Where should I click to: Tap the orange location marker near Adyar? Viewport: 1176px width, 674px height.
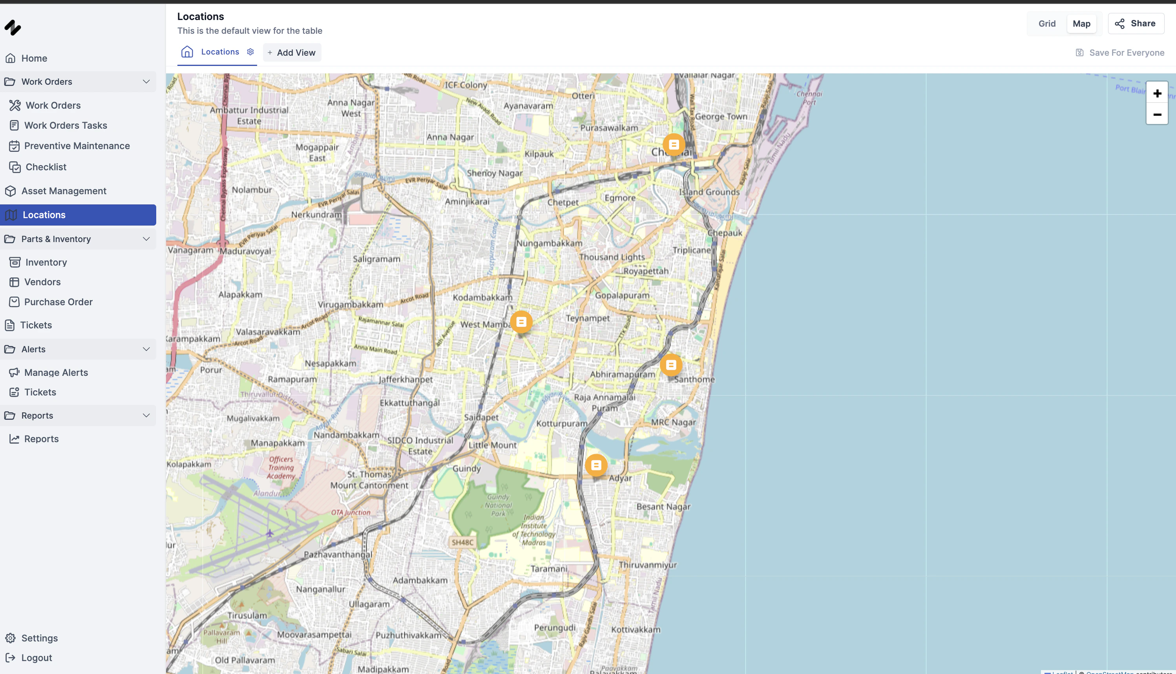pyautogui.click(x=596, y=465)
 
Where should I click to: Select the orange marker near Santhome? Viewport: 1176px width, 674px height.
pyautogui.click(x=671, y=365)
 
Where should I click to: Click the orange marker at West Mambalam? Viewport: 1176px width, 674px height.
pyautogui.click(x=521, y=322)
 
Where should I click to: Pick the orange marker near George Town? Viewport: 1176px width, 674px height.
pyautogui.click(x=674, y=144)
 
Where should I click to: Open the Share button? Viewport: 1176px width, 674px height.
pyautogui.click(x=1135, y=24)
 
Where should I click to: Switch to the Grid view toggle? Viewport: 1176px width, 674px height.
pyautogui.click(x=1046, y=24)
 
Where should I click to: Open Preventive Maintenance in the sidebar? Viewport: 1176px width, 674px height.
pyautogui.click(x=77, y=146)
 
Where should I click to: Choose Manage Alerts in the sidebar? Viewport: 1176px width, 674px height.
pyautogui.click(x=56, y=373)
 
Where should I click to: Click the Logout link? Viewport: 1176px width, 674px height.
pyautogui.click(x=36, y=658)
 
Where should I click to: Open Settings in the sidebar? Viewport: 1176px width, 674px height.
pyautogui.click(x=39, y=638)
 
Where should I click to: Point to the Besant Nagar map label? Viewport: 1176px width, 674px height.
pyautogui.click(x=663, y=506)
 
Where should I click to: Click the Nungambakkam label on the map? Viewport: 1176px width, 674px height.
pyautogui.click(x=549, y=243)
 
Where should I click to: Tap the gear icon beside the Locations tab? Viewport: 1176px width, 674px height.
pyautogui.click(x=250, y=52)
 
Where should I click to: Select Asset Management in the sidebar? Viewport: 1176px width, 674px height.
pyautogui.click(x=64, y=191)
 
